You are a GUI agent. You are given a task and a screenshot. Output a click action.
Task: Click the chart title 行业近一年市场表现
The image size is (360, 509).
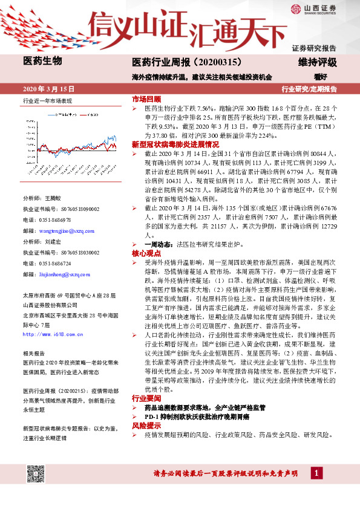tap(47, 101)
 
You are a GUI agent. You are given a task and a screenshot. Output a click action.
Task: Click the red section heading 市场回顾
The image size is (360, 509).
tap(146, 99)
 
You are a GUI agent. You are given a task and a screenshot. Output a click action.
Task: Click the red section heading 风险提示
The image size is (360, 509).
tap(146, 426)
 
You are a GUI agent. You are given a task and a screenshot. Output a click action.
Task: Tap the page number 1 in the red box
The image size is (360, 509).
tap(316, 473)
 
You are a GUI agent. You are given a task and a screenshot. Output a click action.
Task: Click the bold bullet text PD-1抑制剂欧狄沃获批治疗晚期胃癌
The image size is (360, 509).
tap(205, 417)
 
